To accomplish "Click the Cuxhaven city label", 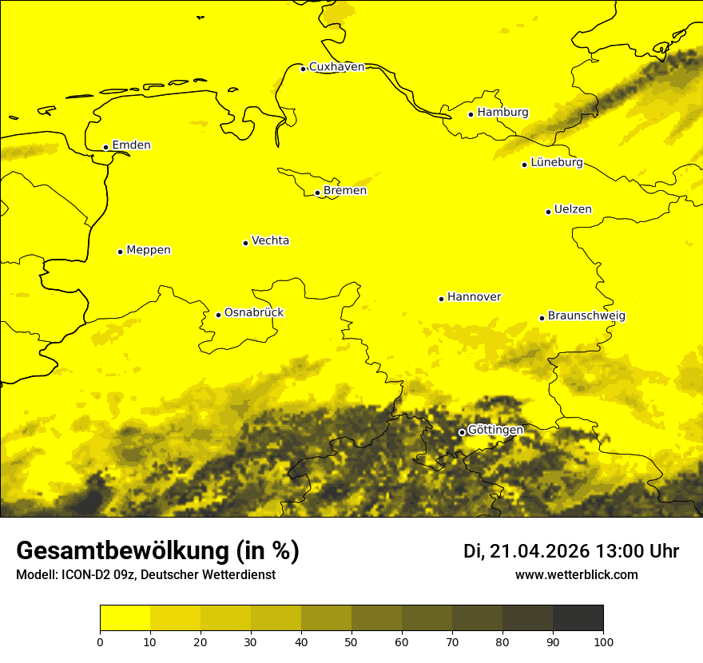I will coord(336,67).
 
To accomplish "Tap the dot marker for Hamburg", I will coord(471,114).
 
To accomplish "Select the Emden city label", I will coord(131,145).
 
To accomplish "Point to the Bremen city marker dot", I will coord(317,193).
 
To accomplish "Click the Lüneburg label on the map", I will coord(557,163).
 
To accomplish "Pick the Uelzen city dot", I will coord(549,212).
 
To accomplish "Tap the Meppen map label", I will coord(149,250).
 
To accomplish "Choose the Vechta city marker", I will coord(246,243).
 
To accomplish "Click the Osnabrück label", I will coord(254,313).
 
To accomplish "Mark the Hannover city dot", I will coord(441,299).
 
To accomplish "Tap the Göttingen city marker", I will coord(462,432).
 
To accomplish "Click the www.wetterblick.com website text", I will coord(576,575).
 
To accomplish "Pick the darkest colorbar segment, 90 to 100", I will coord(578,618).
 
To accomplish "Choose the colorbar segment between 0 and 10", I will coord(125,618).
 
